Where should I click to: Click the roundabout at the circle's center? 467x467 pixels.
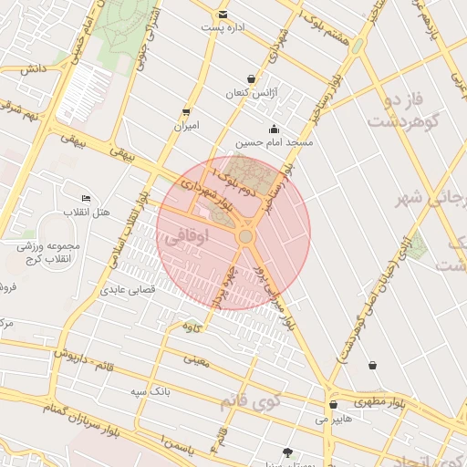point(245,236)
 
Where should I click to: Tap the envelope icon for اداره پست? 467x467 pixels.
point(223,14)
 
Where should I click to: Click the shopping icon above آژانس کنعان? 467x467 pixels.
point(251,78)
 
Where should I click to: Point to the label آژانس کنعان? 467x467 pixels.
point(251,94)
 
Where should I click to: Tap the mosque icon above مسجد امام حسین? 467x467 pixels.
point(274,129)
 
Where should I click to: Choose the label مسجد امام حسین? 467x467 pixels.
point(274,143)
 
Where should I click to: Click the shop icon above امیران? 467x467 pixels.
point(187,111)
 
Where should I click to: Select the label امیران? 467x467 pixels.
point(187,127)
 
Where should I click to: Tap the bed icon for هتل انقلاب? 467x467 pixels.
point(86,198)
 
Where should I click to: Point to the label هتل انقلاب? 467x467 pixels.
point(86,213)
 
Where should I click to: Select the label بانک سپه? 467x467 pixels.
point(150,391)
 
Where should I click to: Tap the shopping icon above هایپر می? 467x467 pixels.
point(333,404)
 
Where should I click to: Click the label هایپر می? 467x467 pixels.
point(333,420)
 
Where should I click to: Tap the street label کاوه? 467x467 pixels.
point(191,326)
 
